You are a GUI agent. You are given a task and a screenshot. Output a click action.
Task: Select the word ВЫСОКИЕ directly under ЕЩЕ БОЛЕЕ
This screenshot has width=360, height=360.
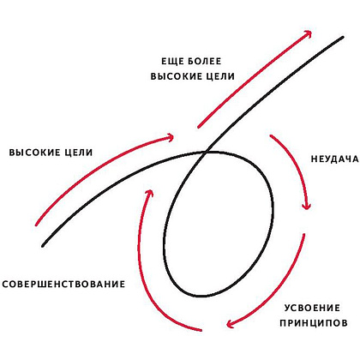click(x=175, y=76)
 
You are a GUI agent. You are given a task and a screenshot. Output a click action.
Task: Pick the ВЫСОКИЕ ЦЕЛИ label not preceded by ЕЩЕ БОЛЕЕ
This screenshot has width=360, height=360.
click(x=51, y=153)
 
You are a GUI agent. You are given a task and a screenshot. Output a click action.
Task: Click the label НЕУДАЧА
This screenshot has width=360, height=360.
click(x=334, y=159)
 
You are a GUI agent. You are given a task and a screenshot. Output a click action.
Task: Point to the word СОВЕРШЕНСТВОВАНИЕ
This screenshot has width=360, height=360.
click(x=63, y=285)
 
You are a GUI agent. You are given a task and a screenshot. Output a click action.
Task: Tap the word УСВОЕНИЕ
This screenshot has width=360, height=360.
click(x=312, y=308)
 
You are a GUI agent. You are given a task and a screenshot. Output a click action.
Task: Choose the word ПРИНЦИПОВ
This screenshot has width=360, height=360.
click(x=314, y=323)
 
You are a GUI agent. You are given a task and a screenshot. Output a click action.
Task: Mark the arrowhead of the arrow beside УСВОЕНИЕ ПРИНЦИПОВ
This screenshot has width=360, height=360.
click(x=229, y=325)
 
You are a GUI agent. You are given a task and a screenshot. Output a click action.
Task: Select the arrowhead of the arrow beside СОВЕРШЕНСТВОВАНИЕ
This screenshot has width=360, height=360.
click(x=149, y=191)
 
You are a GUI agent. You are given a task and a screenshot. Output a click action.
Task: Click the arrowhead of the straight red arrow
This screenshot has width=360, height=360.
click(x=309, y=33)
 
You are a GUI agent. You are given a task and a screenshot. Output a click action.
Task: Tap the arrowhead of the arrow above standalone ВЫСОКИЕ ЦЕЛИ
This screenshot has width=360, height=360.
click(x=172, y=137)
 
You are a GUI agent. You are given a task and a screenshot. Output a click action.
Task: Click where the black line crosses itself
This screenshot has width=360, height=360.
click(x=206, y=153)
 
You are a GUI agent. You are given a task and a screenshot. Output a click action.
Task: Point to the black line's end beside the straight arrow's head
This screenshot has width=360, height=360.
click(x=343, y=37)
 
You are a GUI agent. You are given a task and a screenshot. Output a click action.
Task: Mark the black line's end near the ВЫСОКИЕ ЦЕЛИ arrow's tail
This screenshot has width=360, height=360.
click(x=43, y=245)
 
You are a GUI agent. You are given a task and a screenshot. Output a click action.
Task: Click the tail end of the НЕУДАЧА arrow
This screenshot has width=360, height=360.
click(x=271, y=135)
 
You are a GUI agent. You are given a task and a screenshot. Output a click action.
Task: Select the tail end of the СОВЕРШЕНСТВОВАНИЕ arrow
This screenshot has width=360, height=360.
click(x=201, y=330)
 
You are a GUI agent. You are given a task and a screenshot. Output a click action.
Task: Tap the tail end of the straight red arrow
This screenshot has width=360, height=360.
click(x=198, y=127)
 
